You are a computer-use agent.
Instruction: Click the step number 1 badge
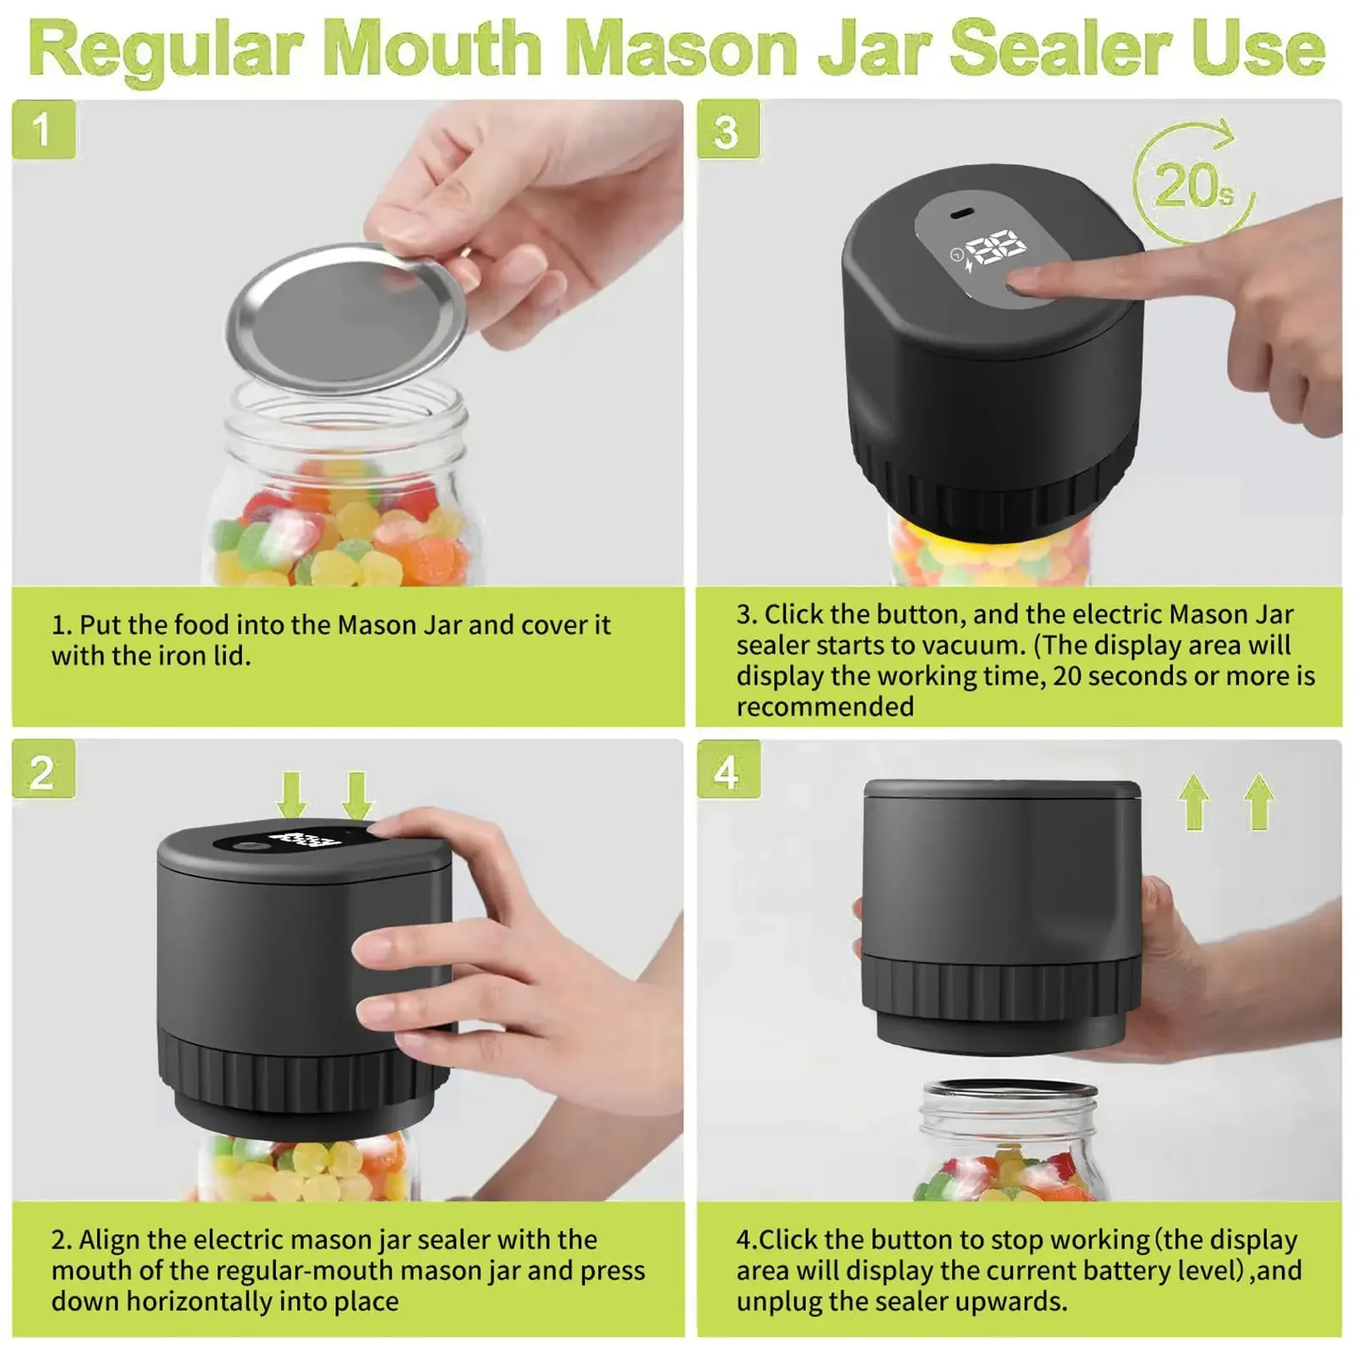click(43, 129)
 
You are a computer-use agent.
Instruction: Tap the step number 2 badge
click(43, 770)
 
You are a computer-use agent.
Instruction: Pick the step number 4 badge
click(728, 770)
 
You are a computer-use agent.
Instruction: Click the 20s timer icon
click(1194, 183)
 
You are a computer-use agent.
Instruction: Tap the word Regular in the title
click(166, 49)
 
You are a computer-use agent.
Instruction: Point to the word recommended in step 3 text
click(825, 707)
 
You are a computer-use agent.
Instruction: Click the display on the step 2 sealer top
click(305, 839)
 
